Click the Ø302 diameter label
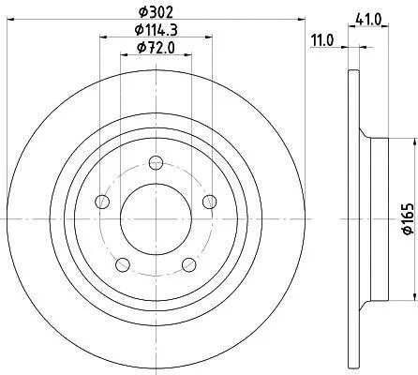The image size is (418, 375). tap(156, 12)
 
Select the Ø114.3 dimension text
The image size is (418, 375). tap(156, 30)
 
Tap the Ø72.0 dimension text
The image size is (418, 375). tap(156, 48)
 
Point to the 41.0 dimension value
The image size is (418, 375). tap(368, 20)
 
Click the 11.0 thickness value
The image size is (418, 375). tap(322, 40)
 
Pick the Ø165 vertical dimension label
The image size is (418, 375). tap(409, 218)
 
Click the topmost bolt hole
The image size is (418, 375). tap(156, 162)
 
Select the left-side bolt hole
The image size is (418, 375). tap(102, 202)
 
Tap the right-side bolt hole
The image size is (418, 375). tap(210, 202)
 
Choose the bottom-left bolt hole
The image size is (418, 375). tap(123, 265)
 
